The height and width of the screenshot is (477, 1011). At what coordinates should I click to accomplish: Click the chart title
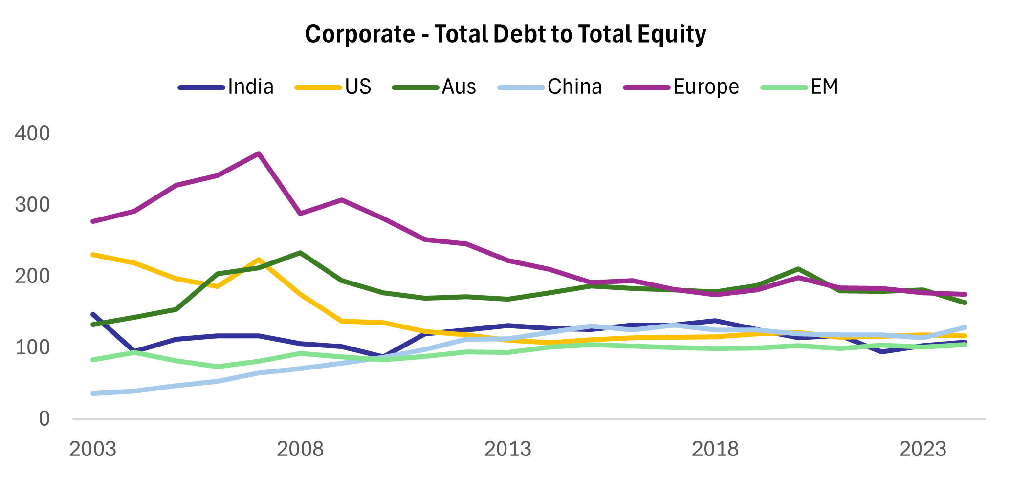505,34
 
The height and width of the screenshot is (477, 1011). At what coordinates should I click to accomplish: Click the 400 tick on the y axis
32,133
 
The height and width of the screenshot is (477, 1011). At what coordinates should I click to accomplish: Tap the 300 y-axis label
32,205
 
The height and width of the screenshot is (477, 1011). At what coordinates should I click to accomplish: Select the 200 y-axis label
32,276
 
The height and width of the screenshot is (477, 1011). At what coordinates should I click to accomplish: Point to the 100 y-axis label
32,347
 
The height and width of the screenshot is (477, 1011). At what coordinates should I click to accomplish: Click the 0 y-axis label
44,419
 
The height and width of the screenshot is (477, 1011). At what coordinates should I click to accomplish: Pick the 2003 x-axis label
93,449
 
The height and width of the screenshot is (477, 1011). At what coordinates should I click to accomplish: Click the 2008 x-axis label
300,449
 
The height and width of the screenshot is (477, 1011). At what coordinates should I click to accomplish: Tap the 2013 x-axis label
507,449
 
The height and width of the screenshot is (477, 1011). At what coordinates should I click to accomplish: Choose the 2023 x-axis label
923,449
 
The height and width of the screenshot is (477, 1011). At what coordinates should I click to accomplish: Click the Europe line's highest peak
259,153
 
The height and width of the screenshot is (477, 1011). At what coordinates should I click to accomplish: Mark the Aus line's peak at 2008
300,253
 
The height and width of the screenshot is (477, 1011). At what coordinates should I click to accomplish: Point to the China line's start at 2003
93,393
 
